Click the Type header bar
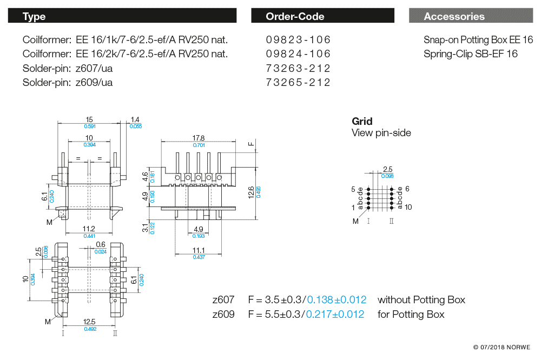(x=122, y=16)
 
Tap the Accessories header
(x=470, y=16)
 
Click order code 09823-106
(x=298, y=40)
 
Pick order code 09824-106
(x=298, y=54)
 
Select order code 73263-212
(x=298, y=69)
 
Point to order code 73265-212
(x=298, y=83)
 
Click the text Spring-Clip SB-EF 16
(x=470, y=54)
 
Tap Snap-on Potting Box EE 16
(x=478, y=40)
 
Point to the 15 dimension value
(x=89, y=119)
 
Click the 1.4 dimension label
(x=135, y=119)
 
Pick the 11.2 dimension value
(x=89, y=229)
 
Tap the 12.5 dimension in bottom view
(x=90, y=322)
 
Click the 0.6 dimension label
(x=101, y=244)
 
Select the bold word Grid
(x=362, y=121)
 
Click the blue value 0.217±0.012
(x=335, y=314)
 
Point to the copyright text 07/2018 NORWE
(x=502, y=347)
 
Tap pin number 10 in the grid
(x=408, y=207)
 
